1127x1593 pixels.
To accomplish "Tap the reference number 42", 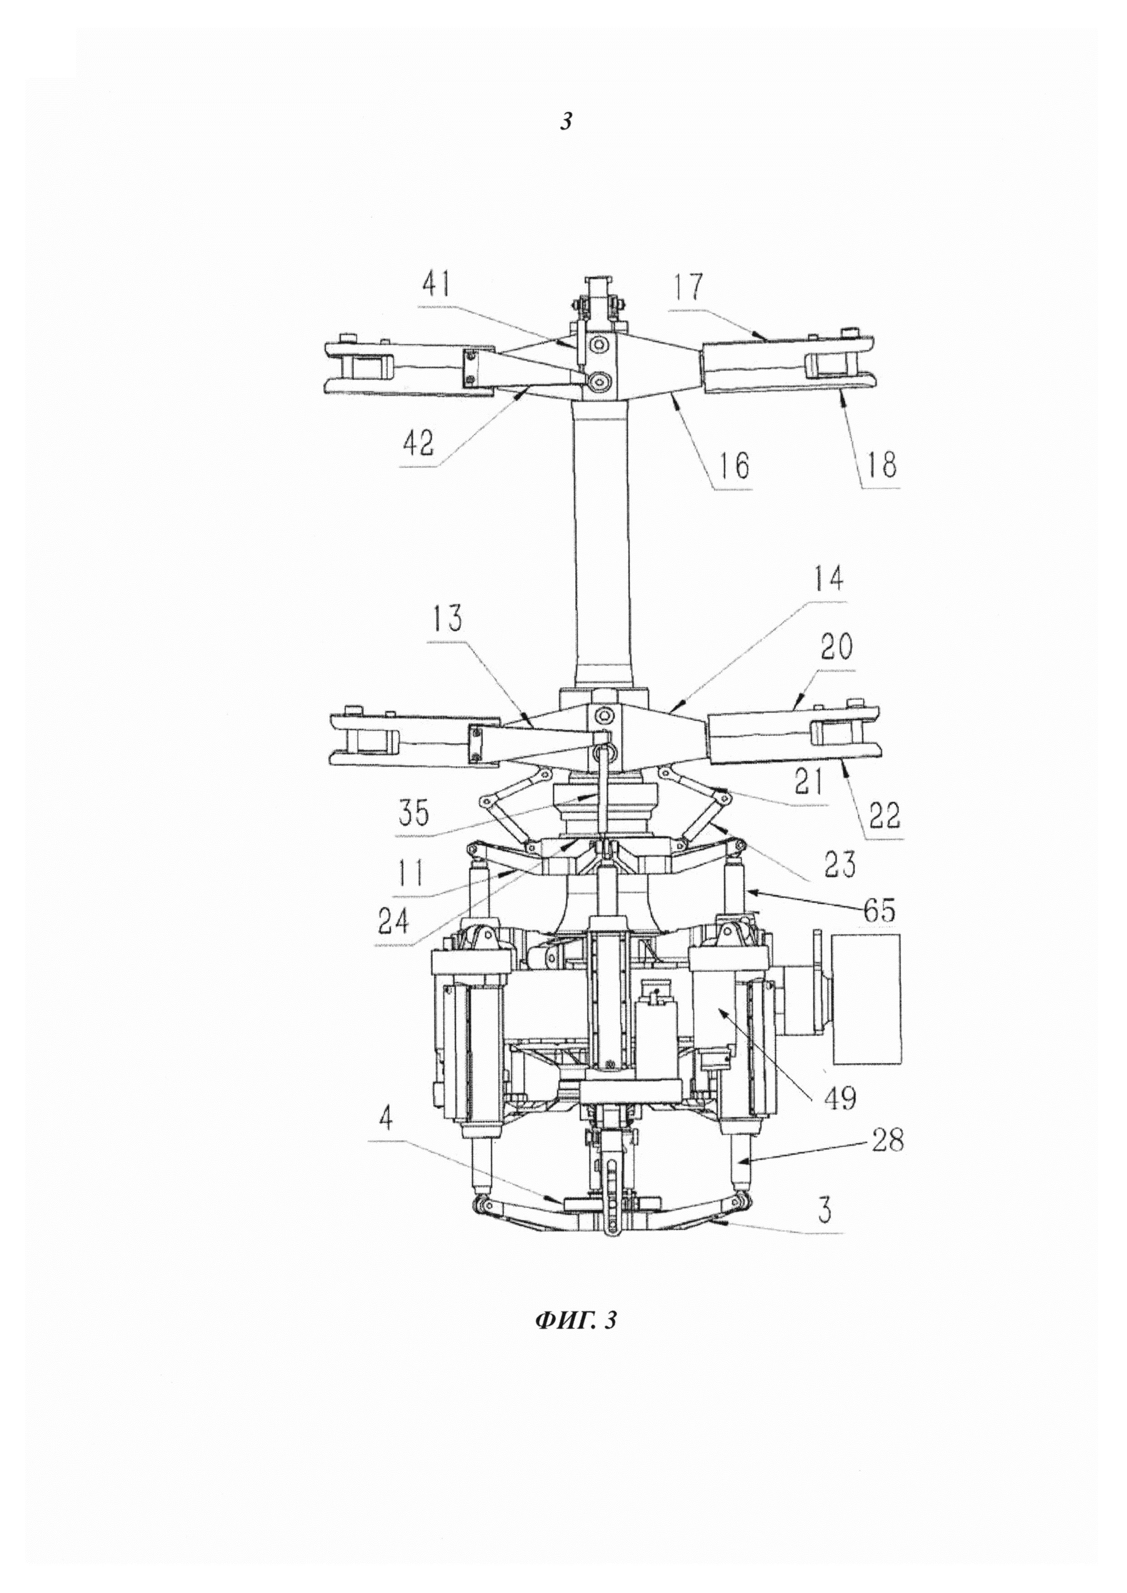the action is [419, 443].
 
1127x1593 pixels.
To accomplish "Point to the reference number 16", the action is [733, 465].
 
